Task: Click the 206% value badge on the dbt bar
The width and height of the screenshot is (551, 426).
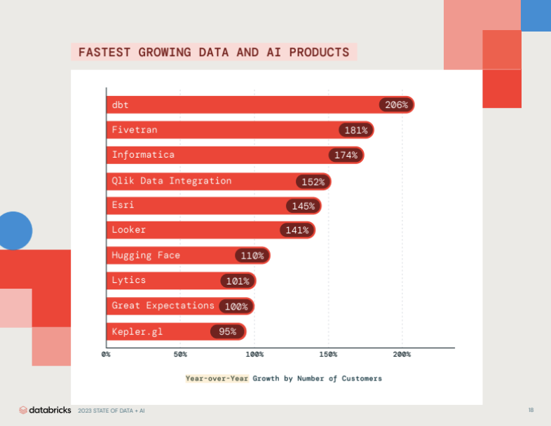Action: tap(396, 104)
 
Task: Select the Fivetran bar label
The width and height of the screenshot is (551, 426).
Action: tap(135, 130)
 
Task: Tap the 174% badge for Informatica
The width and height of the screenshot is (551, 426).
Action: tap(346, 155)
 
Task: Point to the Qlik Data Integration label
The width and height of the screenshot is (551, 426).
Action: tap(172, 181)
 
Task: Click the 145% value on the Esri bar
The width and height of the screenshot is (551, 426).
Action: tap(304, 206)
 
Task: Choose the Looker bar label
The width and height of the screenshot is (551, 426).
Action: tap(128, 230)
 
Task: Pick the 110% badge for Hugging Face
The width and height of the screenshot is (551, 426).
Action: tap(252, 255)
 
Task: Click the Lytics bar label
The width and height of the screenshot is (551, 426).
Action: tap(128, 280)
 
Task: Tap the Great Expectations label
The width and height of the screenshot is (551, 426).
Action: tap(163, 305)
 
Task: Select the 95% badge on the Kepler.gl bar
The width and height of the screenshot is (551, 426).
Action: tap(227, 331)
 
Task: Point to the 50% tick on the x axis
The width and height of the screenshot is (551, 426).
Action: tap(180, 355)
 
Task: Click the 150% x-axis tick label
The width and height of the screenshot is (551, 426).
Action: tap(328, 355)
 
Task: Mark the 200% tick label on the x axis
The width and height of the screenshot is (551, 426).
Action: tap(402, 355)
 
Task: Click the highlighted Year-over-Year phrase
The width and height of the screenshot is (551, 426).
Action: tap(217, 378)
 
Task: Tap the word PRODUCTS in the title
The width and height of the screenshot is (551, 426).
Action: tap(319, 53)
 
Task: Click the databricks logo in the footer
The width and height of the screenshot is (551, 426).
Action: tap(45, 410)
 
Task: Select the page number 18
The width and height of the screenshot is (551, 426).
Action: tap(531, 410)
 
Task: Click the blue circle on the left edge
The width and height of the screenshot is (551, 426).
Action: tap(14, 231)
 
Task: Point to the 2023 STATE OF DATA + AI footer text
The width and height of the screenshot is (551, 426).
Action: tap(111, 411)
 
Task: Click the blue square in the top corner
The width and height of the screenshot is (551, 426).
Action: tap(536, 15)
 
